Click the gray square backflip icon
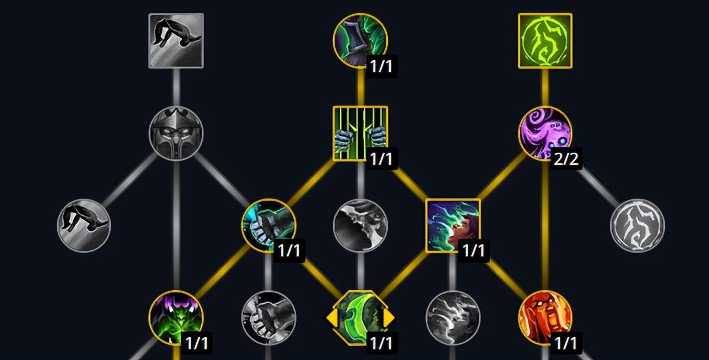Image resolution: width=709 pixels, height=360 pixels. [176, 41]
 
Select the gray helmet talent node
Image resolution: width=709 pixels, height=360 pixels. [176, 133]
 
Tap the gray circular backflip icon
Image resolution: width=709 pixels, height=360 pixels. [84, 225]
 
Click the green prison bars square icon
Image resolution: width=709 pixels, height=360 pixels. [360, 133]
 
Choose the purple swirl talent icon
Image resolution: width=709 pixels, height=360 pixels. [545, 133]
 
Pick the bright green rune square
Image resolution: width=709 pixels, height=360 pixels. [545, 41]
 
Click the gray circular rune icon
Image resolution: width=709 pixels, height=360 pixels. [637, 225]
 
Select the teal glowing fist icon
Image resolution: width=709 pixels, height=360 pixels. [268, 225]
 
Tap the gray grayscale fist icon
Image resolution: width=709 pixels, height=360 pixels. [268, 317]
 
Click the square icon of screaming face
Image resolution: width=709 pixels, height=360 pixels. [453, 225]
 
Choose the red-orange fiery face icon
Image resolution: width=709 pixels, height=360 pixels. [545, 317]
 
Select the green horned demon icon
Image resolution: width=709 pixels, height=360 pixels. [176, 317]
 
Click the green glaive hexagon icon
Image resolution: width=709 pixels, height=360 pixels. [360, 317]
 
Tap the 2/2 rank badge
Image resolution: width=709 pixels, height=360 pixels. [566, 158]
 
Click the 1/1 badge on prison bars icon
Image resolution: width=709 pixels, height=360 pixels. [381, 158]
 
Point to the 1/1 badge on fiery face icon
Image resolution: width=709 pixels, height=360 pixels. [566, 343]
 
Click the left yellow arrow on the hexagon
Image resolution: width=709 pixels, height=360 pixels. [331, 317]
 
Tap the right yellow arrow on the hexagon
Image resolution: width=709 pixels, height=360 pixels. [389, 317]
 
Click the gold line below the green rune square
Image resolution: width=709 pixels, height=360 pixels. [545, 87]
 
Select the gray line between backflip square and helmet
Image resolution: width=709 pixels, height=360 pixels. [176, 87]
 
